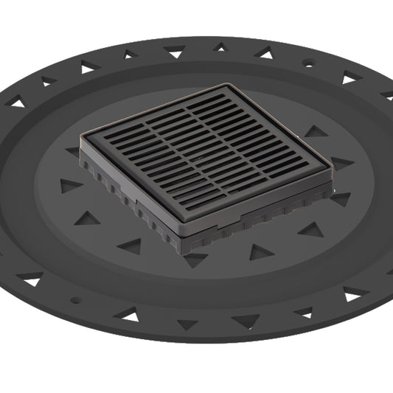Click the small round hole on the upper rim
click(x=307, y=64)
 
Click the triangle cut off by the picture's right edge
click(x=387, y=95)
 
